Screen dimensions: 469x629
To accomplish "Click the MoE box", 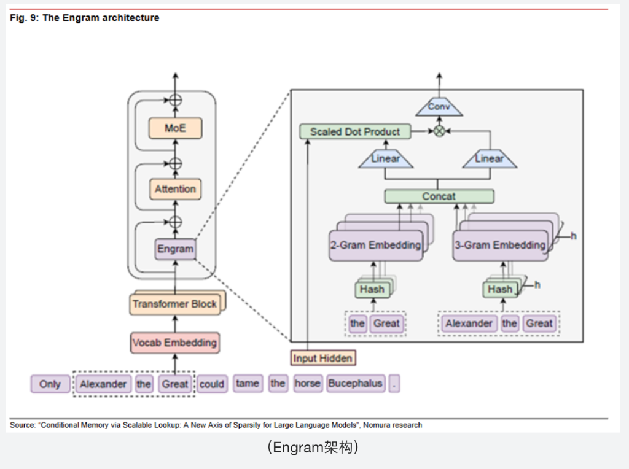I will pos(175,128).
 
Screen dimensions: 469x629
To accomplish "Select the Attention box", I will pos(175,188).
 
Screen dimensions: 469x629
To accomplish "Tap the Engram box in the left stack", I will pos(175,249).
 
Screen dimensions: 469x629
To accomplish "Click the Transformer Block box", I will pos(175,304).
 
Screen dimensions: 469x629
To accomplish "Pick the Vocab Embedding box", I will pos(175,343).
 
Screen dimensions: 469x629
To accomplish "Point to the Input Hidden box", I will pos(322,358).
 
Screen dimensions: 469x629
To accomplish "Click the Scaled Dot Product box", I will pos(354,131).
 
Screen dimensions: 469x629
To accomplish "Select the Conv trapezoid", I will pos(439,107).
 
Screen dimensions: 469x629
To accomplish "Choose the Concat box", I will pos(439,196).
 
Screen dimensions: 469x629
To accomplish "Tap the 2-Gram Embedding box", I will pos(375,245).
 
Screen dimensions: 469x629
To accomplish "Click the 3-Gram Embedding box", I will pos(500,245).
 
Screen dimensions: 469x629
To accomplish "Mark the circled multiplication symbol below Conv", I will pos(439,131).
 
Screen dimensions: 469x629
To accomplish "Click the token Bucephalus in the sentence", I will pos(355,384).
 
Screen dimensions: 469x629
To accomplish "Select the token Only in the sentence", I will pos(50,384).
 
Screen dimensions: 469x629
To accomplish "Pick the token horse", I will pos(307,384).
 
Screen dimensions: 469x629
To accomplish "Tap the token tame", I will pos(247,384).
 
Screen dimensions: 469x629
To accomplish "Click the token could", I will pos(212,384).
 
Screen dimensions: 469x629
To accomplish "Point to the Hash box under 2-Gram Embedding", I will pos(372,289).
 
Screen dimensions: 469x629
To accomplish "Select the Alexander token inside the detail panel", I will pos(469,324).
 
